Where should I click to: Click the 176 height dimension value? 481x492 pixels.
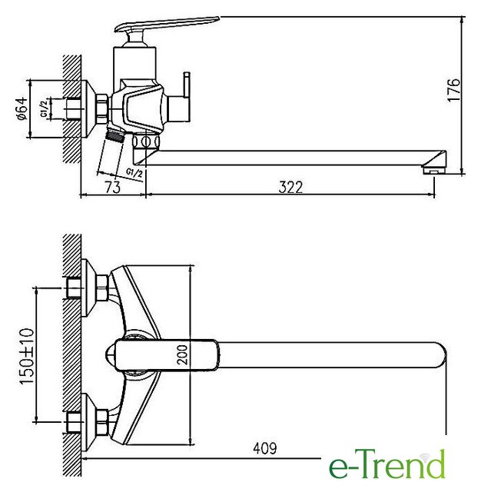(454, 90)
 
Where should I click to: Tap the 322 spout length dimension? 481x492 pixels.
(290, 188)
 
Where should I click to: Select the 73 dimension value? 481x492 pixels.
(113, 188)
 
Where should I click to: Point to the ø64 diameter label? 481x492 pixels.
(22, 109)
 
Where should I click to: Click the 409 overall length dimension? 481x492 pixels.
(264, 448)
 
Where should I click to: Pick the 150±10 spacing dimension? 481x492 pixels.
(27, 356)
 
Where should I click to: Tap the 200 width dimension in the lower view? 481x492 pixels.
(182, 354)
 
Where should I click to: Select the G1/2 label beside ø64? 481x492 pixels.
(45, 108)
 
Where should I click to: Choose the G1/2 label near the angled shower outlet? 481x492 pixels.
(134, 172)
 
